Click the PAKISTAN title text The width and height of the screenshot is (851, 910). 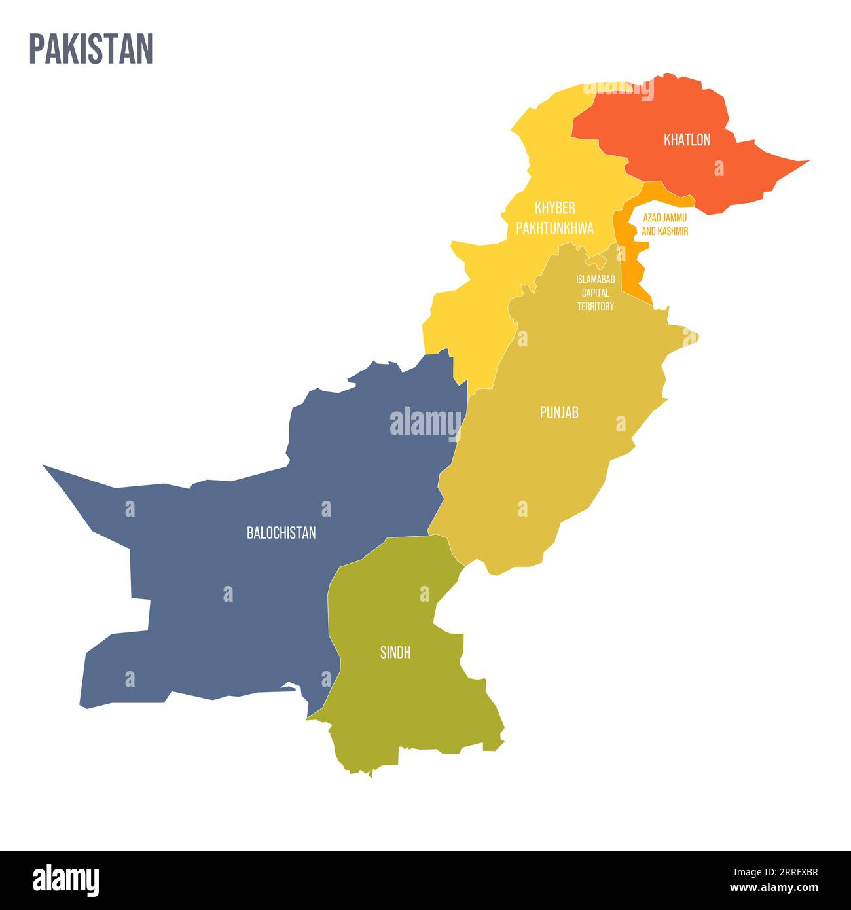91,48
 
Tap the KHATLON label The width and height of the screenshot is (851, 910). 687,139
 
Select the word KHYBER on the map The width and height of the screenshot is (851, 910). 554,208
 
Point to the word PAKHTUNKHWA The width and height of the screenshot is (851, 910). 554,228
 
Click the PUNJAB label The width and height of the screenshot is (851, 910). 559,412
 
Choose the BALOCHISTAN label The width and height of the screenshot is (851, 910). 281,533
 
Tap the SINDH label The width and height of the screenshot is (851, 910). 395,652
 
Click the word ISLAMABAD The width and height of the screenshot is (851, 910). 595,279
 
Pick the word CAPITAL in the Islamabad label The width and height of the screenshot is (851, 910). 595,293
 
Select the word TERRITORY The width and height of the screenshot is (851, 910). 595,306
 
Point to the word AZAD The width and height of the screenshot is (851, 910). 653,217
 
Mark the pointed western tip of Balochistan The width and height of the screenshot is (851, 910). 45,467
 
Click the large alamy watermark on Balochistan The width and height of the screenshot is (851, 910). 425,422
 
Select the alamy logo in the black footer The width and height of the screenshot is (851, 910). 65,880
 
